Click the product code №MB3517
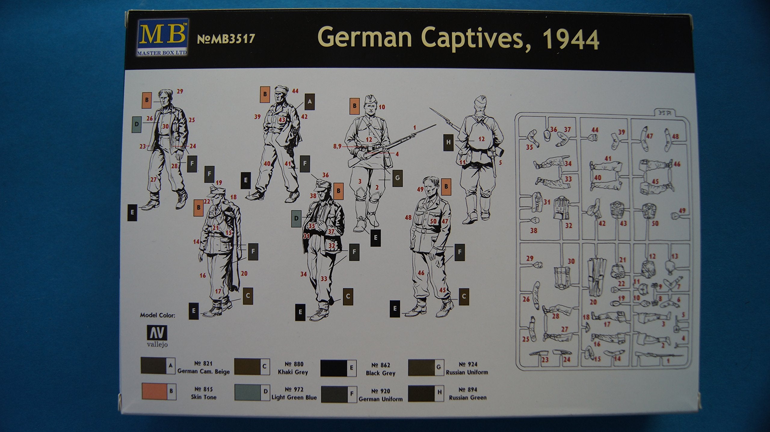click(226, 39)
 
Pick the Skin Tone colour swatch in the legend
click(159, 391)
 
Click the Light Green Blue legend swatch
click(252, 392)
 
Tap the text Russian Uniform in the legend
click(467, 372)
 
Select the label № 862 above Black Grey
click(380, 365)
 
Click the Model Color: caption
click(158, 315)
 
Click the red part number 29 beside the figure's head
click(180, 92)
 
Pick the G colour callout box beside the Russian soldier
click(397, 178)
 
